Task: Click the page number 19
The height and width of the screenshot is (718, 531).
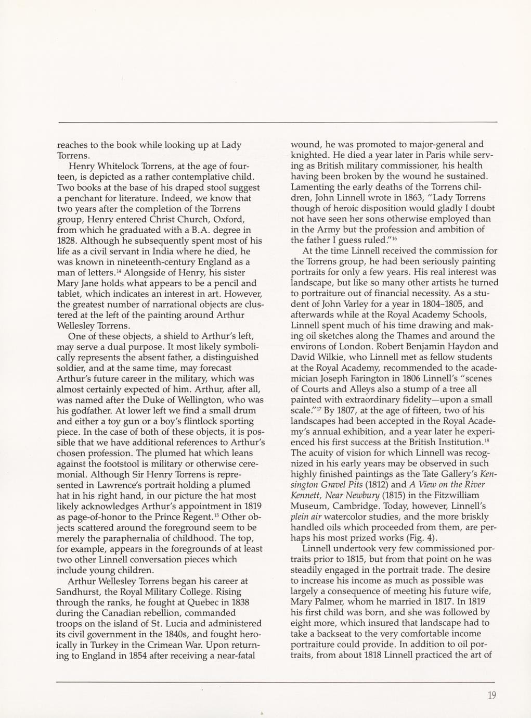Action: click(492, 695)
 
